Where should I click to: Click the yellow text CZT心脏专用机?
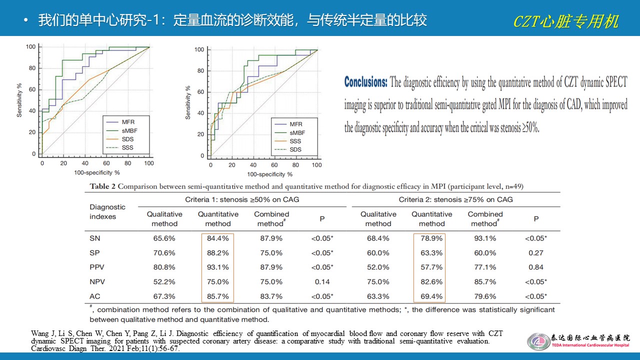pyautogui.click(x=565, y=21)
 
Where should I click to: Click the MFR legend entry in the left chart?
pyautogui.click(x=127, y=121)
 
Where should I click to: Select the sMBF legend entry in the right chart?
pyautogui.click(x=297, y=132)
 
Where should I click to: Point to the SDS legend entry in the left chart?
pyautogui.click(x=127, y=139)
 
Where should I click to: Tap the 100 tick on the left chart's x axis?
pyautogui.click(x=149, y=163)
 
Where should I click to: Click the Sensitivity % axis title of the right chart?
pyautogui.click(x=188, y=102)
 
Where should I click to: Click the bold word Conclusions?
pyautogui.click(x=365, y=82)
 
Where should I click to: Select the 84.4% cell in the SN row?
pyautogui.click(x=218, y=238)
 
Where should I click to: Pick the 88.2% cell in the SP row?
pyautogui.click(x=218, y=253)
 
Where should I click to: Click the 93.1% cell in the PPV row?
pyautogui.click(x=218, y=267)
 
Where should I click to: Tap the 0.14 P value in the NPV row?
pyautogui.click(x=322, y=282)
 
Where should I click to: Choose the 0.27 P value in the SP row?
pyautogui.click(x=536, y=253)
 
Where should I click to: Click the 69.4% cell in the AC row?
pyautogui.click(x=431, y=296)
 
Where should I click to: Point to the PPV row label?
pyautogui.click(x=97, y=267)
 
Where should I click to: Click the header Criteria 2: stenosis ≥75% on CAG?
pyautogui.click(x=455, y=199)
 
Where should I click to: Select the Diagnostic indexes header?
pyautogui.click(x=107, y=211)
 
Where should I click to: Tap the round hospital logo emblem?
pyautogui.click(x=538, y=341)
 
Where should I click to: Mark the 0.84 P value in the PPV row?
pyautogui.click(x=536, y=267)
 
